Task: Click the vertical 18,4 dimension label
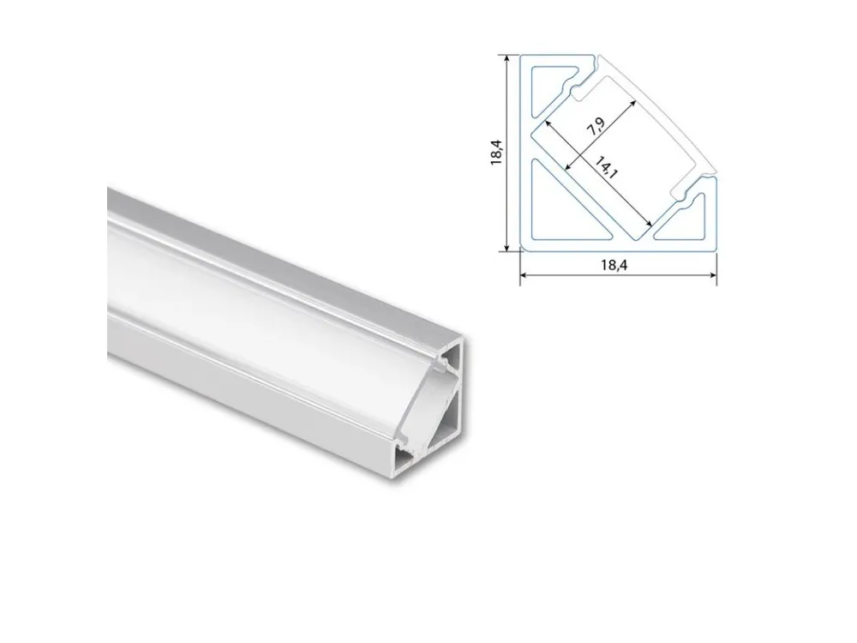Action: point(496,152)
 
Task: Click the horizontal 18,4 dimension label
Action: point(614,265)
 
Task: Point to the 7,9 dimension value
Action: point(596,127)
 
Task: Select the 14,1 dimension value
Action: point(606,168)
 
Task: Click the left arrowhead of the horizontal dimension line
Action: point(524,275)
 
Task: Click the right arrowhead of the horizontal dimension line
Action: point(712,275)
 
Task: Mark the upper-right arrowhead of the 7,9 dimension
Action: point(632,104)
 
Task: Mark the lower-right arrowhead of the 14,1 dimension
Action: point(649,223)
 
